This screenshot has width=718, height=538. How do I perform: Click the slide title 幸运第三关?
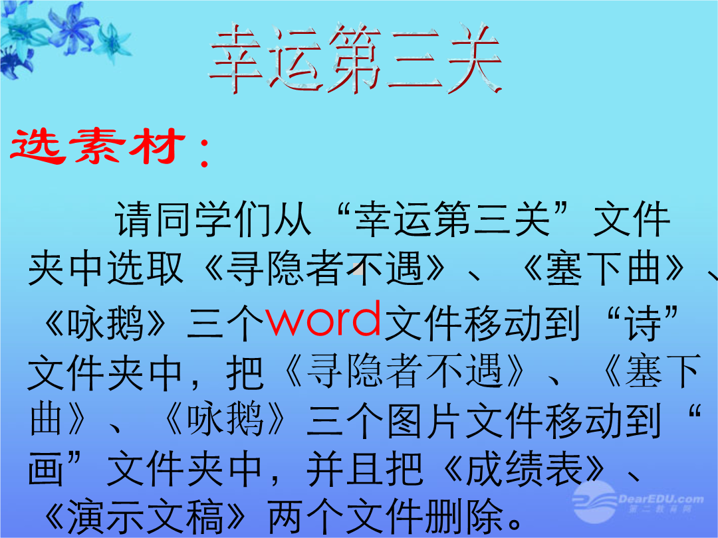356,58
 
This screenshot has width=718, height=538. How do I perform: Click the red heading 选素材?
97,145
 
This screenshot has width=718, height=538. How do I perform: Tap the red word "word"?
323,319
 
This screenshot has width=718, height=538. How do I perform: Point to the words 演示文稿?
145,517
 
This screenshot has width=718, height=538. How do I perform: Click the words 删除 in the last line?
464,517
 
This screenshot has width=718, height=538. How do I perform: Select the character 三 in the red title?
415,60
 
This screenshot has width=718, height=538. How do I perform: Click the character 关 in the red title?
475,58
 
